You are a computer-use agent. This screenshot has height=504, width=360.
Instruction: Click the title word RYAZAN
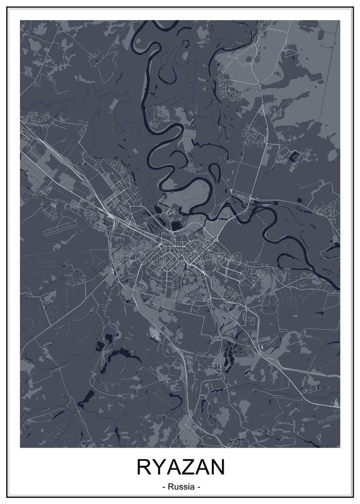180,467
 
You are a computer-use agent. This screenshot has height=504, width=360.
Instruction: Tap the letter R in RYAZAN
144,467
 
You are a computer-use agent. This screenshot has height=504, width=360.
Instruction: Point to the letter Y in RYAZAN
157,467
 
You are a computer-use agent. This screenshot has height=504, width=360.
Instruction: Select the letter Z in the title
186,467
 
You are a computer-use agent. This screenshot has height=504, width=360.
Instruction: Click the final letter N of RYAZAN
216,467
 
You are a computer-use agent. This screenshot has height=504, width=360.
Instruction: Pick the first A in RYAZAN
172,467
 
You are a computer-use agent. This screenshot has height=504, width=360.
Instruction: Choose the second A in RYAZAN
201,467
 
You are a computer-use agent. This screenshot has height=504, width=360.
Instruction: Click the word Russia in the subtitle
180,486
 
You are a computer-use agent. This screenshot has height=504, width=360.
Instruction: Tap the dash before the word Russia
163,486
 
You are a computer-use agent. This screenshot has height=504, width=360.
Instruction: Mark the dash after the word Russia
197,486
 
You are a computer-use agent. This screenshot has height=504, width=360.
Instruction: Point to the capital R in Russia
170,486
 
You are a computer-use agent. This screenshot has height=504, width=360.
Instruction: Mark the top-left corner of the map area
20,20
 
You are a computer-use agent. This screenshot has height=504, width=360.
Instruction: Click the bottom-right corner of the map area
340,447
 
